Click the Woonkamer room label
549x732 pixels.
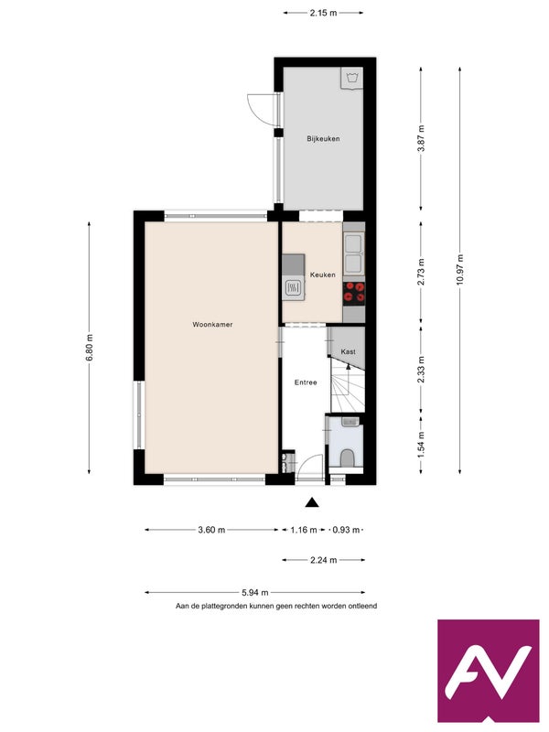pos(212,325)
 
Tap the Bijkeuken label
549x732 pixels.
pos(323,139)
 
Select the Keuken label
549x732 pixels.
pos(323,275)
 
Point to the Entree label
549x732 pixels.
pos(306,382)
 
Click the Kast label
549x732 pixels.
pos(349,351)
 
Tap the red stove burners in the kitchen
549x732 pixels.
pos(354,293)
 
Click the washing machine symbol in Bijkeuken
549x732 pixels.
pos(351,78)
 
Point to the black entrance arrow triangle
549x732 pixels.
pos(312,502)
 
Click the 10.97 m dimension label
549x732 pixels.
pos(460,270)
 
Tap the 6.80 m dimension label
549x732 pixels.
pos(89,348)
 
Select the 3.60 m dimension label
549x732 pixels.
pos(211,530)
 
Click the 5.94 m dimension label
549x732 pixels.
pos(255,593)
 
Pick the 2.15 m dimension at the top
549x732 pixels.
pos(323,13)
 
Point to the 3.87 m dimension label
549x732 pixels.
pos(421,139)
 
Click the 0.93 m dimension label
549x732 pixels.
pos(346,530)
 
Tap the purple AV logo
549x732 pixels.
pos(489,671)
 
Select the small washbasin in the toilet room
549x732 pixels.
pos(350,422)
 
